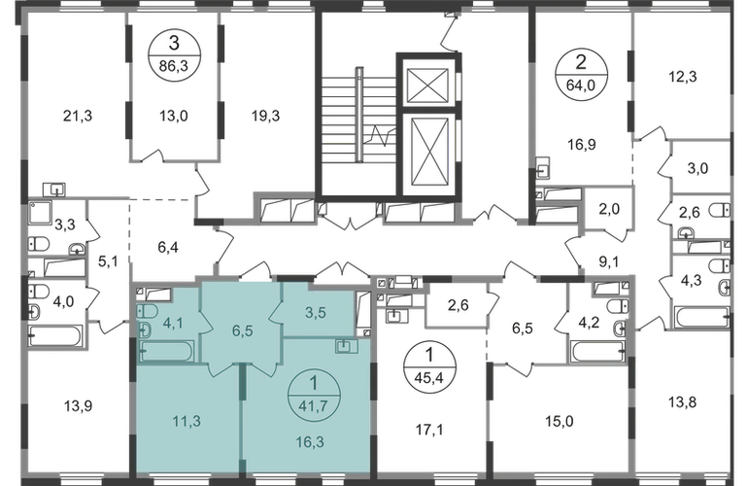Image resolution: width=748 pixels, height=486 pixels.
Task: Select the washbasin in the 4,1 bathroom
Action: [x=145, y=330]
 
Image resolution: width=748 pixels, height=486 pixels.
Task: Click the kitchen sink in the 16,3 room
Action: [x=346, y=345]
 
